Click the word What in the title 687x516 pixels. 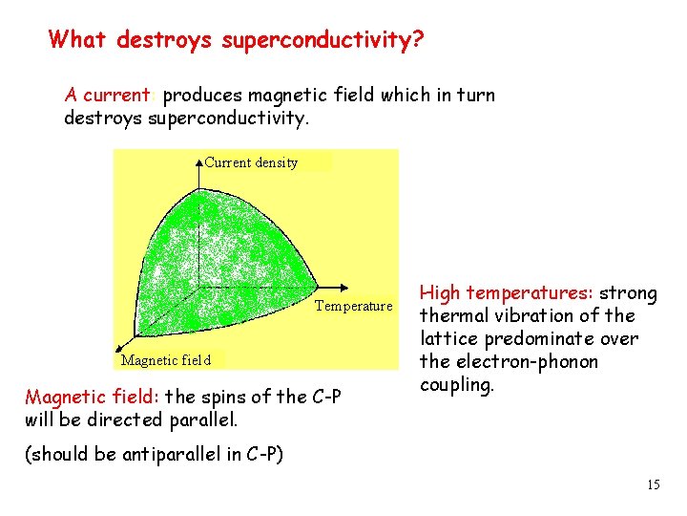coord(79,40)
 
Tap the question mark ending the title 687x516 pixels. coord(420,40)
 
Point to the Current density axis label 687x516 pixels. coord(251,162)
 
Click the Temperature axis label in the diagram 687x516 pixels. coord(353,306)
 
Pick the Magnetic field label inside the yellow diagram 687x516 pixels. coord(166,360)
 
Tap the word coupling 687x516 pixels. coord(457,385)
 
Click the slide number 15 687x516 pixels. coord(653,485)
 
